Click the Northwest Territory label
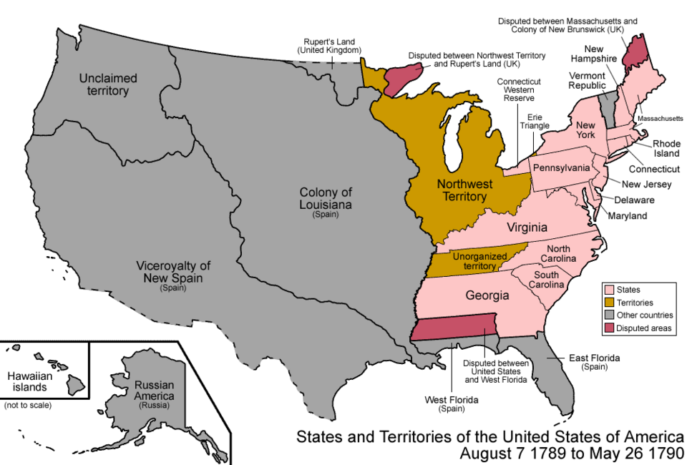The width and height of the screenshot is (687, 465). [462, 190]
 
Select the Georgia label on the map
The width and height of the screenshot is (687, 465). [487, 295]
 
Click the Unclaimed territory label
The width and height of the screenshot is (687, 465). [104, 84]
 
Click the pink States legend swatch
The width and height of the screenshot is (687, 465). [609, 290]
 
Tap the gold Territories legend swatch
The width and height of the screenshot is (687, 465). [609, 303]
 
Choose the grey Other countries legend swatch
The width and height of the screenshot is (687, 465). [609, 315]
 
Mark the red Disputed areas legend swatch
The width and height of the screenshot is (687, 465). [609, 328]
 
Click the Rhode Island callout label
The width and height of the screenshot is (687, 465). [666, 148]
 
